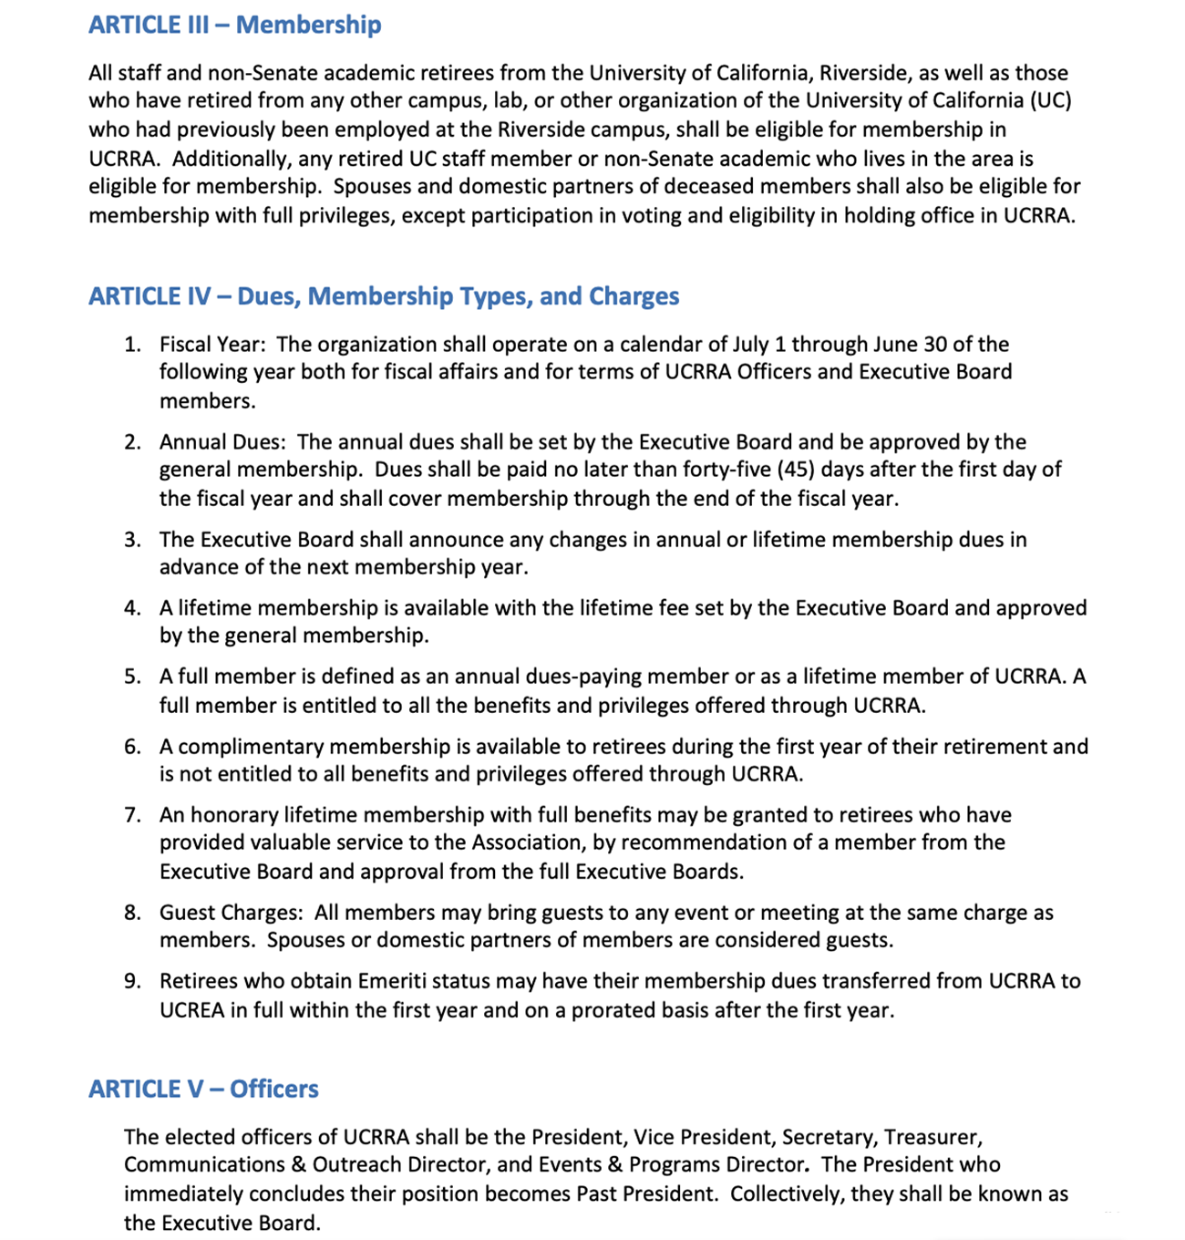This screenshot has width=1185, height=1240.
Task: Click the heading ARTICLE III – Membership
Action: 234,25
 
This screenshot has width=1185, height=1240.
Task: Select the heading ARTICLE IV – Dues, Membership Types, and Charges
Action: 383,296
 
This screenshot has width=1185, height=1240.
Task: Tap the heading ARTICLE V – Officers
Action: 203,1089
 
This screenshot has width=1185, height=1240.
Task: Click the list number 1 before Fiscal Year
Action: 133,345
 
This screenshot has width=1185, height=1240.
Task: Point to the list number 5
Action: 133,677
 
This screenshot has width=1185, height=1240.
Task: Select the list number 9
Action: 133,981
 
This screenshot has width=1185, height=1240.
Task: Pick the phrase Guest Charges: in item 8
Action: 231,913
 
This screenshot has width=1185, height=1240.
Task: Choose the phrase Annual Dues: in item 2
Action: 222,442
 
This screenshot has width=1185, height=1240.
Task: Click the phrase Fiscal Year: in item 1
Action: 212,345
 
